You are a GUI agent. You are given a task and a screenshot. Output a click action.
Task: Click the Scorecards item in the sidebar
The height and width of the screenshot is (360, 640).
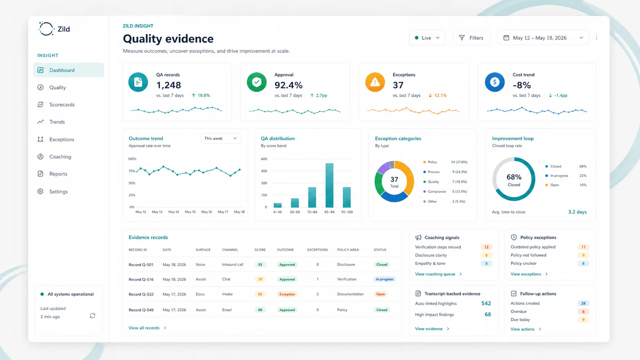(x=62, y=104)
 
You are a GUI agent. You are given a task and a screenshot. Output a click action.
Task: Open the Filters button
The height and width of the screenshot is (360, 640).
(x=471, y=38)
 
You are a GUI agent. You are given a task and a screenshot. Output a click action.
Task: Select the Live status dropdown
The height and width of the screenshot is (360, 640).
(x=427, y=38)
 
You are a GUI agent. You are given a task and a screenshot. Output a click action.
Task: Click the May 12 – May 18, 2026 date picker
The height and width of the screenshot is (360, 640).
(x=542, y=38)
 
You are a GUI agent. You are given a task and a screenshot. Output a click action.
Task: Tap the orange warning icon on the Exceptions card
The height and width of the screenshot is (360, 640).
(x=375, y=82)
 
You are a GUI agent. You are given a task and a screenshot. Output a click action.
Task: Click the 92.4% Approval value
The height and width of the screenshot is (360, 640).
(x=288, y=85)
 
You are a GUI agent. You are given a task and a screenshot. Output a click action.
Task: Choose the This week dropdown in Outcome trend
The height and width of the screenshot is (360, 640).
(x=220, y=138)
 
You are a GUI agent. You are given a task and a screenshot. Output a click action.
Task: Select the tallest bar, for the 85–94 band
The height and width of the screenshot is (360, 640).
(x=329, y=185)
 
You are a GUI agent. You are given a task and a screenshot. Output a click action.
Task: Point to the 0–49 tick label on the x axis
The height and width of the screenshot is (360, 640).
(x=278, y=212)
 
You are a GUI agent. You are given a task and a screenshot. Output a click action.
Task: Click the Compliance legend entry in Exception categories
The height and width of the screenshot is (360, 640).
(x=436, y=192)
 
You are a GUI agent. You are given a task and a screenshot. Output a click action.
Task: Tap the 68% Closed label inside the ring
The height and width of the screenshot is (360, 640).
(x=514, y=179)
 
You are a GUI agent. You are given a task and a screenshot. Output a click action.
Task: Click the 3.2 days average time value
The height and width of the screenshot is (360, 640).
(x=577, y=212)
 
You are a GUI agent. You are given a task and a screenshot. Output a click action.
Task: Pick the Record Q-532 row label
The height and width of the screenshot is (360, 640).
(x=141, y=294)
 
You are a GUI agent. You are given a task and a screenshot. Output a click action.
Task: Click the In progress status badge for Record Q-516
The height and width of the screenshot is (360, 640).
(x=384, y=279)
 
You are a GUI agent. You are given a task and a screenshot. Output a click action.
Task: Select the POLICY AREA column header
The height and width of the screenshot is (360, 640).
(x=348, y=250)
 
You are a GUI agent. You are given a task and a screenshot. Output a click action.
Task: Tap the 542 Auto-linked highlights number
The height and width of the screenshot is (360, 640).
(x=486, y=303)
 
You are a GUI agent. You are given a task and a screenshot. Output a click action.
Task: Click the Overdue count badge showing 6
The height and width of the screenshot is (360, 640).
(x=583, y=311)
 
